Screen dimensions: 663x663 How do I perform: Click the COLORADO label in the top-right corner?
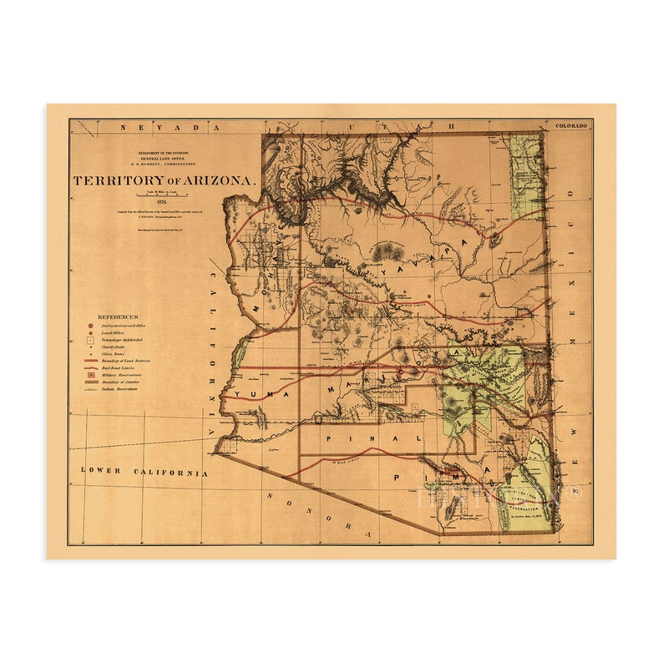click(x=571, y=125)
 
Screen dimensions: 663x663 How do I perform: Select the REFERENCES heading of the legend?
click(x=119, y=317)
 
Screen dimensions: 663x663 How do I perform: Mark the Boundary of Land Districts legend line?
click(x=89, y=360)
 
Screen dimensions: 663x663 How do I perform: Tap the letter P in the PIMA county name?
click(x=392, y=477)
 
